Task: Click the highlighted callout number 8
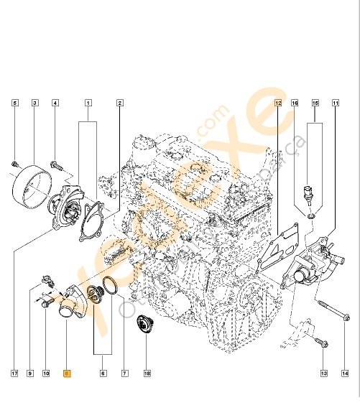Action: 67,373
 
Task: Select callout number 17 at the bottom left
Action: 14,373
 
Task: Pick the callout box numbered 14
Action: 345,373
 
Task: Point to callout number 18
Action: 147,373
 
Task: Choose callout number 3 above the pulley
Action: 34,103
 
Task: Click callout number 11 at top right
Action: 335,103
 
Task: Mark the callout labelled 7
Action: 123,373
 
